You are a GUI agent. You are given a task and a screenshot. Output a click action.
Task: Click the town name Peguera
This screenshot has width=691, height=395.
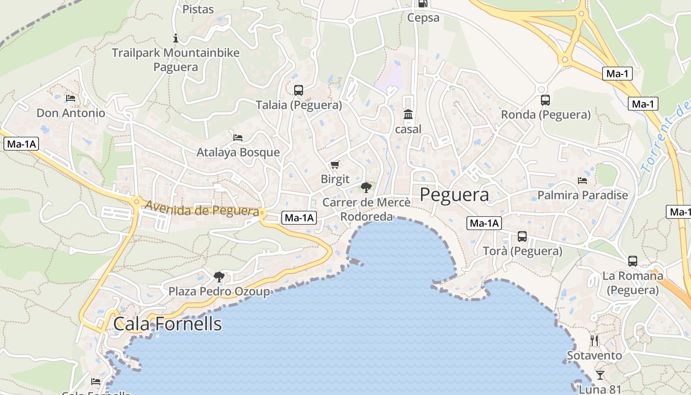tap(454, 195)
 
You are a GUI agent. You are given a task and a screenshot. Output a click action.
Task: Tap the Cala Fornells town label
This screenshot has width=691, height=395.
tap(167, 324)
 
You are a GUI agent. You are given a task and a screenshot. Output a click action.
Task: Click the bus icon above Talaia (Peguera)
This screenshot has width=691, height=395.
tap(299, 90)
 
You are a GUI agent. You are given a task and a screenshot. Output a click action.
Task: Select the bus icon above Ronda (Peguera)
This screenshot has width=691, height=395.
tap(545, 100)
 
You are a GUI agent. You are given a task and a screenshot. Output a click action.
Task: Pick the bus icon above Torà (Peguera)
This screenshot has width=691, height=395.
tap(522, 237)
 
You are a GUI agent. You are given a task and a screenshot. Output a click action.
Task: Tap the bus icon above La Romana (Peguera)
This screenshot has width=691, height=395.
tap(633, 261)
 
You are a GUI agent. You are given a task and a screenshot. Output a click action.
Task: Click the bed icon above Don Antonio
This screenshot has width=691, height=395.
tap(71, 98)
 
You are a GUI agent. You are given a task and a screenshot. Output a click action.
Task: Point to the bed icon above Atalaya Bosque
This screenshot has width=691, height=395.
tap(238, 137)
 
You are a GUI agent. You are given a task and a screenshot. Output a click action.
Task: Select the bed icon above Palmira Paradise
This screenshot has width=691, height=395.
tap(582, 181)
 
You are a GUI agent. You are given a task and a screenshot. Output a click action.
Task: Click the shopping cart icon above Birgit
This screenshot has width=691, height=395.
tap(335, 164)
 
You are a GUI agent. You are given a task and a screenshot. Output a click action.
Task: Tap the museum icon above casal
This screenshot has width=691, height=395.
tap(408, 115)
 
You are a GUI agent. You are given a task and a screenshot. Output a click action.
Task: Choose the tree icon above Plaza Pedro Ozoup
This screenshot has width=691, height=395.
tap(219, 276)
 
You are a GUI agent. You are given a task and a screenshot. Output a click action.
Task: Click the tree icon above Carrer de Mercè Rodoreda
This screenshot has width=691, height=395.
tap(366, 187)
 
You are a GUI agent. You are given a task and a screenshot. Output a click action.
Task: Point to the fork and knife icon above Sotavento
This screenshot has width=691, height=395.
tap(594, 341)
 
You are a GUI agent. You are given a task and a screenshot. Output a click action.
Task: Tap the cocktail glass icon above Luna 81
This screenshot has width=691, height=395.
tap(600, 375)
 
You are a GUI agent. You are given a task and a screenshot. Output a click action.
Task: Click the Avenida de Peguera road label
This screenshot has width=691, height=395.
tap(201, 209)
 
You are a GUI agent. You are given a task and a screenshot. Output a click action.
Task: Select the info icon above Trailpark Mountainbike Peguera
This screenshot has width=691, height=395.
tap(176, 38)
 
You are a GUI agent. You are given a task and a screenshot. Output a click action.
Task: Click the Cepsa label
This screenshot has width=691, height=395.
tap(423, 18)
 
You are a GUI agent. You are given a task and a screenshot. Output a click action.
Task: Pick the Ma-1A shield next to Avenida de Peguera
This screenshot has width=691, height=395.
tap(299, 217)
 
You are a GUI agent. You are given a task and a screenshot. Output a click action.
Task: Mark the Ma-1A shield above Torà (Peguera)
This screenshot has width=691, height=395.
tap(484, 223)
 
